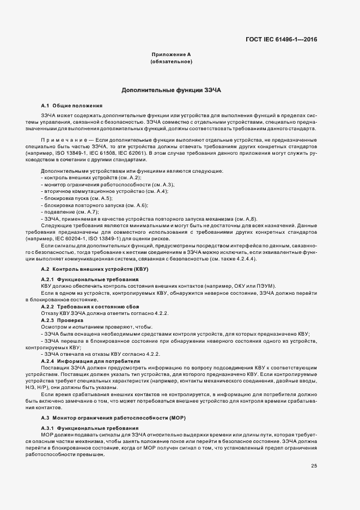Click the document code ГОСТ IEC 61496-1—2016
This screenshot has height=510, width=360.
pyautogui.click(x=282, y=39)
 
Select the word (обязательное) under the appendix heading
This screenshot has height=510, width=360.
pyautogui.click(x=171, y=62)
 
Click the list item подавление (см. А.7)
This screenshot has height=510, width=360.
pyautogui.click(x=70, y=211)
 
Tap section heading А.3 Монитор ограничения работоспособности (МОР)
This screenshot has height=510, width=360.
pyautogui.click(x=113, y=417)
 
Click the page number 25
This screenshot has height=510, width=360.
pyautogui.click(x=314, y=465)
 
